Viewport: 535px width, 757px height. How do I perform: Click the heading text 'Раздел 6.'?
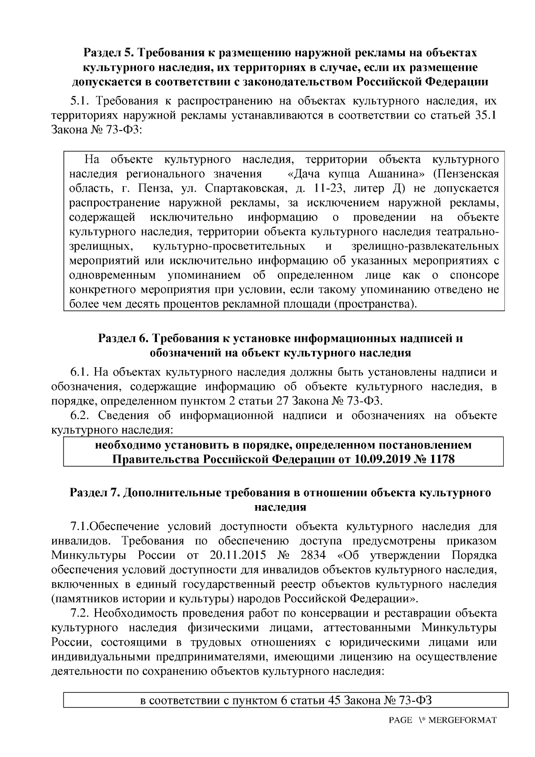[123, 338]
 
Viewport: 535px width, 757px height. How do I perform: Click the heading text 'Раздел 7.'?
[95, 493]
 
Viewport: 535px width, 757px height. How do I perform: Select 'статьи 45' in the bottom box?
[315, 700]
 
